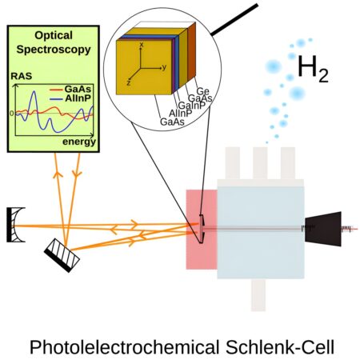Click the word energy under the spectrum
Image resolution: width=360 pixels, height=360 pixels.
pyautogui.click(x=78, y=142)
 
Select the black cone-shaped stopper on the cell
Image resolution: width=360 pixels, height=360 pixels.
pyautogui.click(x=324, y=227)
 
